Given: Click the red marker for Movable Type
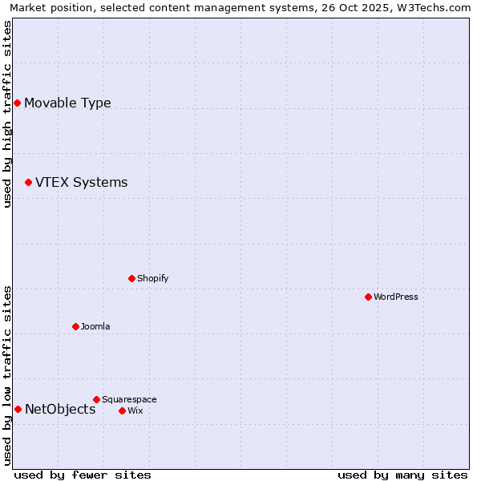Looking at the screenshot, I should (17, 103).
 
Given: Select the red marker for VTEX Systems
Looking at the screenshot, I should (28, 183).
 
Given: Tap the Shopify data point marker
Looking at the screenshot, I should (131, 278).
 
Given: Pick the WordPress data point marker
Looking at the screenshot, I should (368, 297).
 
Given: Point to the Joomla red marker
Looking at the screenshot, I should (75, 326).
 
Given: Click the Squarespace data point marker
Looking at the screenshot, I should (96, 399).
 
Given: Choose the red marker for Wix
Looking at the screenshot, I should (122, 410).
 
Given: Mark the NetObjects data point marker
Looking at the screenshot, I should (18, 410).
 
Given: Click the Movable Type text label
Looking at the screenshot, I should (67, 103).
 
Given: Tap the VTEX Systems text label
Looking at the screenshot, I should (81, 183).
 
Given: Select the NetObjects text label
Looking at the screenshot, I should (60, 410).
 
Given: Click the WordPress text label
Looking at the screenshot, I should (396, 297).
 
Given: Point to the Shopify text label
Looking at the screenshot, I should (152, 278).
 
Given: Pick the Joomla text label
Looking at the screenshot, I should (95, 326).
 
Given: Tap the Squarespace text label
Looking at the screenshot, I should (129, 399).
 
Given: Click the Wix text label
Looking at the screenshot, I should (135, 410).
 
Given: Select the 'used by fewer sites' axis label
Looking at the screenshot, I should (83, 475).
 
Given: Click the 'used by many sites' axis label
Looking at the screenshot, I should (402, 475).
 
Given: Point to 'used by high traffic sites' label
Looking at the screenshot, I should (8, 114).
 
